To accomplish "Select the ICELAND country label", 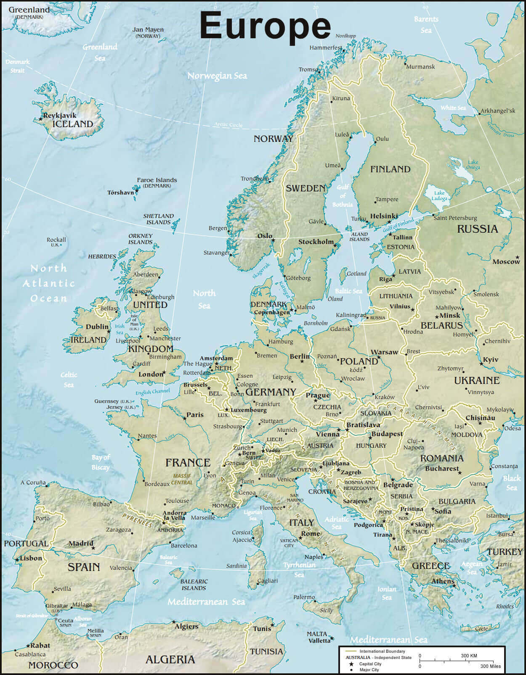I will (72, 124).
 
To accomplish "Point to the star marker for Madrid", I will (93, 548).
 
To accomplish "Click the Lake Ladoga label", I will (439, 195).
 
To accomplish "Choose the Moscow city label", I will (506, 261).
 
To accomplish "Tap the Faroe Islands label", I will (157, 180).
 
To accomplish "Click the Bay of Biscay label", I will (101, 462).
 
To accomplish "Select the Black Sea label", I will (512, 483).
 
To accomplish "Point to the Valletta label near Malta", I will (319, 641).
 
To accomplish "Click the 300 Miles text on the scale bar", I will (491, 666).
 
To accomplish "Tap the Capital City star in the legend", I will (351, 664).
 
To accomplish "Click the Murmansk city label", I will (421, 66).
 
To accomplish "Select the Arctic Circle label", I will (228, 124).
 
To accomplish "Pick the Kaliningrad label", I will (351, 315).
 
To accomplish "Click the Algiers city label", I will (186, 626).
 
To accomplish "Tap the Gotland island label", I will (356, 274).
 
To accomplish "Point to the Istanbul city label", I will (497, 516).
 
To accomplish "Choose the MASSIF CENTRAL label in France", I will (182, 479).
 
